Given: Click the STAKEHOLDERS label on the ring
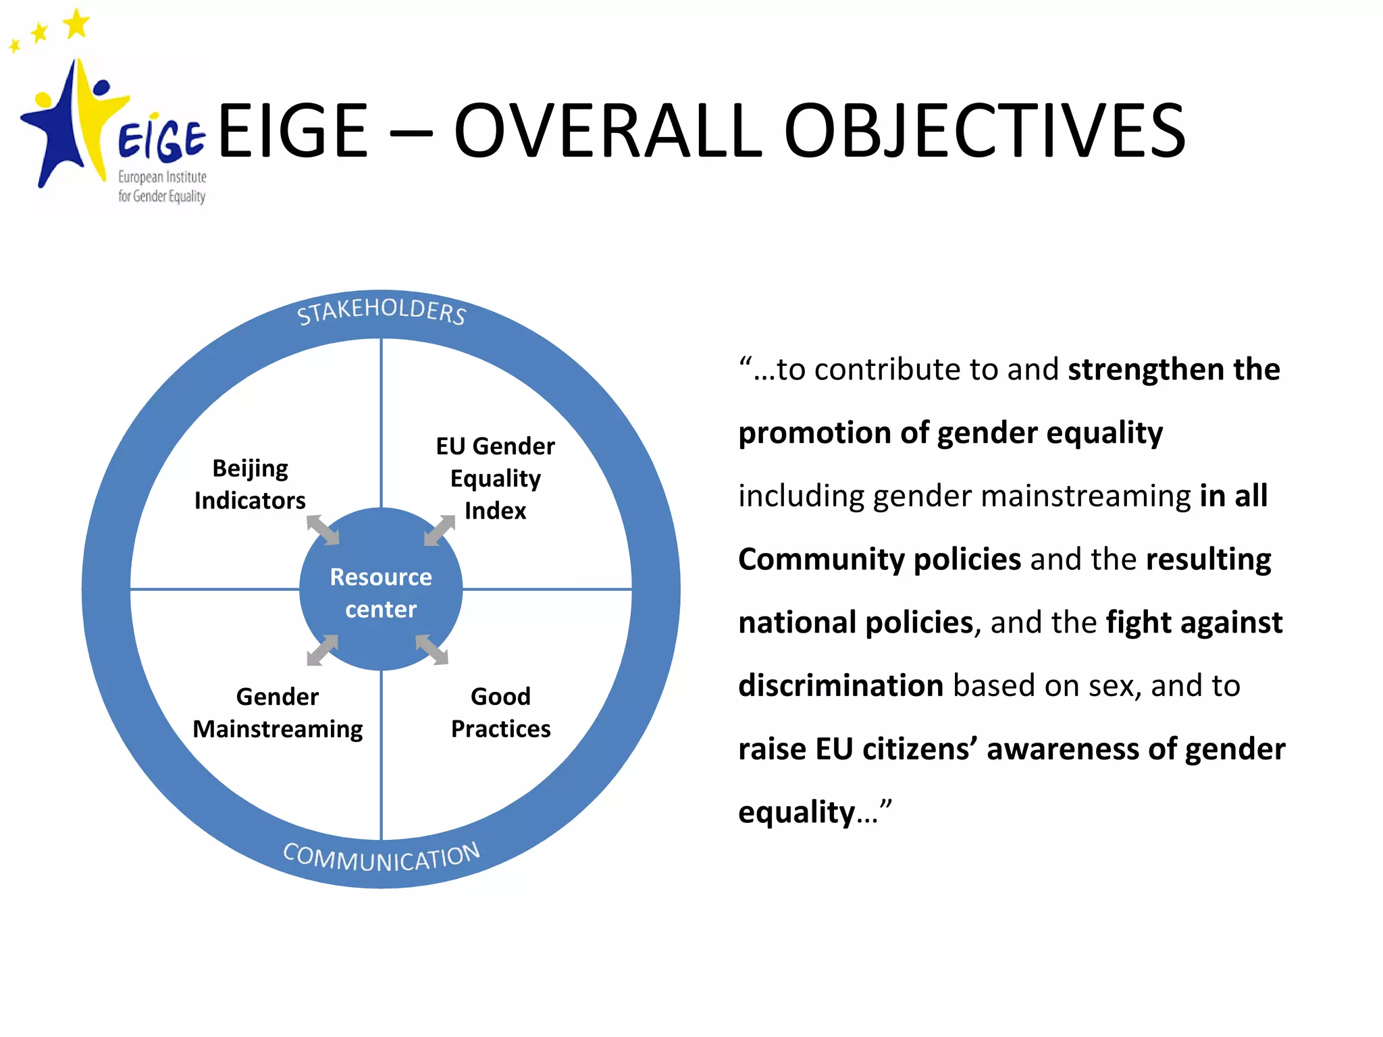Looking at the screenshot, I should click(382, 311).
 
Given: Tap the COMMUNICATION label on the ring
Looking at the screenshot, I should click(382, 857).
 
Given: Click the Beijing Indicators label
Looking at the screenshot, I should click(250, 484).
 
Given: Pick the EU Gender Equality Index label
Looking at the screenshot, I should click(495, 478).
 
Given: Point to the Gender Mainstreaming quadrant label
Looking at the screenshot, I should click(278, 712).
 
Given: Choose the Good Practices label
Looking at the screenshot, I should click(500, 712).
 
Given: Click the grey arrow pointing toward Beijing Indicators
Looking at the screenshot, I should click(323, 530).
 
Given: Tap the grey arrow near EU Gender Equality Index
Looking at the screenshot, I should click(440, 530).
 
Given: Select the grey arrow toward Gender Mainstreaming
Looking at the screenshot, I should click(323, 649).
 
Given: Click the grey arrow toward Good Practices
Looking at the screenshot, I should click(432, 649).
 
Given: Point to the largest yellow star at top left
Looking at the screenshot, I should click(76, 24).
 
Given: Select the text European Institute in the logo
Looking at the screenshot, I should click(162, 177).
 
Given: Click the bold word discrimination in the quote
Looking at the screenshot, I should click(841, 685).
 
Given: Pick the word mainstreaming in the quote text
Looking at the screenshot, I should click(1086, 496).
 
